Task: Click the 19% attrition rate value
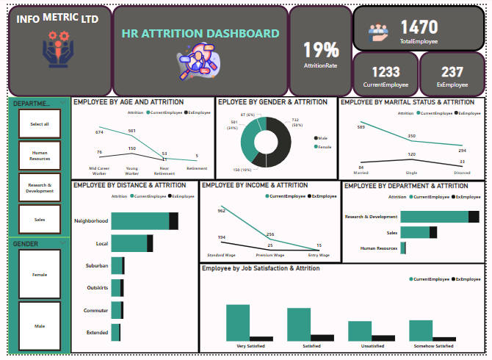click(x=321, y=50)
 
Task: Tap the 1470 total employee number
click(x=419, y=28)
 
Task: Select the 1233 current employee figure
click(x=386, y=72)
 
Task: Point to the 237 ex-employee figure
click(x=452, y=72)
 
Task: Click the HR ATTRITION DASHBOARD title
click(x=200, y=34)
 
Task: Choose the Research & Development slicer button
click(x=40, y=188)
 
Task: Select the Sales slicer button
click(x=40, y=219)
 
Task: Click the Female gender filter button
click(x=40, y=275)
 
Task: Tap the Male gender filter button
click(x=40, y=325)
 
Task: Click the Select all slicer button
click(x=40, y=124)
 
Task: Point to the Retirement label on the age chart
click(x=196, y=168)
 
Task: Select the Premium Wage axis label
click(x=269, y=255)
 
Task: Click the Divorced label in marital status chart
click(x=462, y=173)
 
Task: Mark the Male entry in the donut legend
click(x=322, y=137)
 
